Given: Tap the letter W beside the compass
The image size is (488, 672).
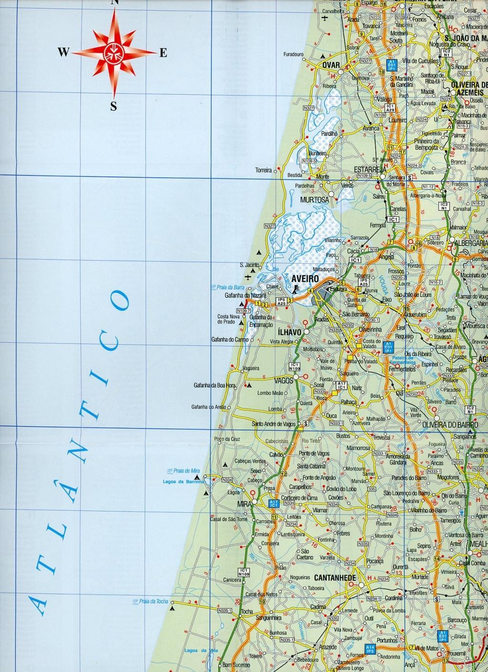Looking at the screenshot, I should tap(63, 52).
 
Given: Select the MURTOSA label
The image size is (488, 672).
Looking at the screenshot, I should tap(314, 200).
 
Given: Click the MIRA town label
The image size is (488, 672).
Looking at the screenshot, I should tap(244, 503).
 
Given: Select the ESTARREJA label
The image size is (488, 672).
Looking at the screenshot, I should tap(369, 169).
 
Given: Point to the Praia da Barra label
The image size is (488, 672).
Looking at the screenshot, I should tap(226, 287).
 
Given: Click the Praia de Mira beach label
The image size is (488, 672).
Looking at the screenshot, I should tap(185, 471).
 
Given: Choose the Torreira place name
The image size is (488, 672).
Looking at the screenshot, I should tap(263, 170).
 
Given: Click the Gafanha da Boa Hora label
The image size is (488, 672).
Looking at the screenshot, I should tap(215, 385).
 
